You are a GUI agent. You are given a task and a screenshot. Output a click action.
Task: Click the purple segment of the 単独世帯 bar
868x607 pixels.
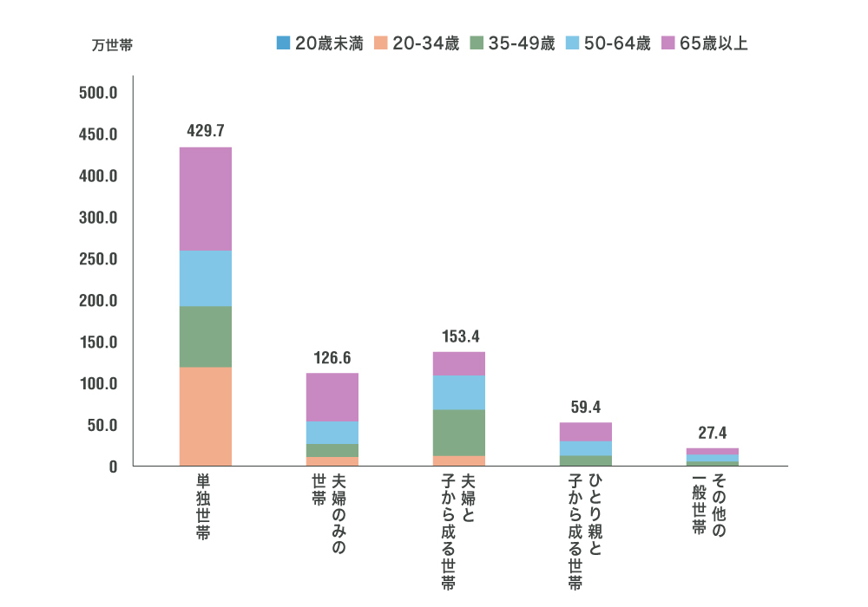coord(205,199)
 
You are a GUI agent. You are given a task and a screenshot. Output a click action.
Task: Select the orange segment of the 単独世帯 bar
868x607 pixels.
coord(205,416)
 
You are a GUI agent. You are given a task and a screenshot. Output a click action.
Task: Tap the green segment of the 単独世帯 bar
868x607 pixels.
coord(205,336)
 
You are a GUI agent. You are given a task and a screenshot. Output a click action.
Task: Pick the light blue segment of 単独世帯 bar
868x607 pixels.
coord(205,278)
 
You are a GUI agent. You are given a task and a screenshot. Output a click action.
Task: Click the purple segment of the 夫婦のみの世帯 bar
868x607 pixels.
coord(332,397)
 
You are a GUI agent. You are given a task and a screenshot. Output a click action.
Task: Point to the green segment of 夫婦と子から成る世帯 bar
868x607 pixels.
coord(458,432)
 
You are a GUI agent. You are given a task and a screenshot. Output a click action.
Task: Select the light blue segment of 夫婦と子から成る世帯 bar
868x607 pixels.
coord(458,392)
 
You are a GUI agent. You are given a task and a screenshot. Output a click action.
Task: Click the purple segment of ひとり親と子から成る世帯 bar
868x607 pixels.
coord(585,432)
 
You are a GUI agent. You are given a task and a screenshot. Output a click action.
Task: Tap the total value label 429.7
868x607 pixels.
coord(206,131)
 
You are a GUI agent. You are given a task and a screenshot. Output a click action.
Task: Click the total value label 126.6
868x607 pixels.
coord(332,357)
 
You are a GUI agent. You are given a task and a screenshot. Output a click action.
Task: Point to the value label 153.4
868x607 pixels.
coord(458,336)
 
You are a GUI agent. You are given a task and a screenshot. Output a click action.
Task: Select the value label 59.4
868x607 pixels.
coord(585,406)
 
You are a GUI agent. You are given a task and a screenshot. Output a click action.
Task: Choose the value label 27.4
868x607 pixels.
coord(712,432)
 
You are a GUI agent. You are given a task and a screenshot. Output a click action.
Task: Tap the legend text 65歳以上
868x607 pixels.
coord(713,43)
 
